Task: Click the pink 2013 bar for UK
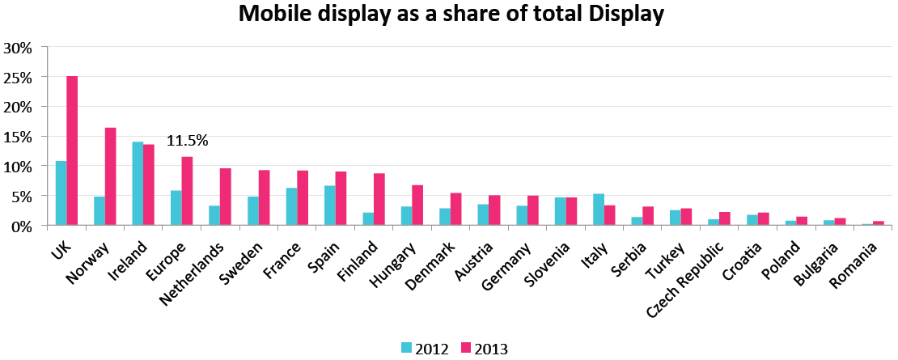[72, 150]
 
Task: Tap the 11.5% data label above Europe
[188, 141]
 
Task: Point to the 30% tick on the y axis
[18, 47]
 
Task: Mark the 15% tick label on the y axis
[18, 137]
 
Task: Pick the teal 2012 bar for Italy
[599, 210]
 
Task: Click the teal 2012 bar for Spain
[330, 205]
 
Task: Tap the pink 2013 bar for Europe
[188, 191]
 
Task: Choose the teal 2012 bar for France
[291, 206]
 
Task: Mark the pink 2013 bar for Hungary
[418, 205]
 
